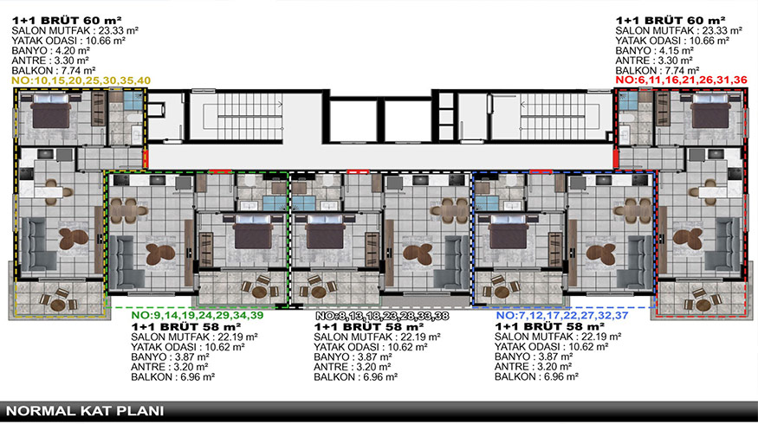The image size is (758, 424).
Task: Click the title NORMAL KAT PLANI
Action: coord(85,411)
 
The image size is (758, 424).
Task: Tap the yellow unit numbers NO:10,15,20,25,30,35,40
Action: coord(81,80)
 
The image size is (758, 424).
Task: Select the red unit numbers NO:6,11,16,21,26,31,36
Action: coord(681,80)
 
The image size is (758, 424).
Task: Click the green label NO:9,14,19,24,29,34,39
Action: coord(198,315)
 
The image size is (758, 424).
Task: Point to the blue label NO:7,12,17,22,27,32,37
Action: coord(562,315)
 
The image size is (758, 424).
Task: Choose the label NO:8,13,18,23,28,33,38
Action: coord(382,316)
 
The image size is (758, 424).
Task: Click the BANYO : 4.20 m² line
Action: coord(51,51)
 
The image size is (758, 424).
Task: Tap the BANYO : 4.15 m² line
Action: coord(655,50)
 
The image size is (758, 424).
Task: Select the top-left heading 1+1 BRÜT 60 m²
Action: coord(67,20)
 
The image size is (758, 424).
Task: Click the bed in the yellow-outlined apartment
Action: coord(51,111)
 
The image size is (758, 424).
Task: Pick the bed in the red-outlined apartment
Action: coord(709,111)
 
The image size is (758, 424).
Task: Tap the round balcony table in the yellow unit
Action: coord(58,305)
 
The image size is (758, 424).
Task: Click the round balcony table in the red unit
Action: coord(702,305)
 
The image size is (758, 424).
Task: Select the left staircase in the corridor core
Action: coord(250,116)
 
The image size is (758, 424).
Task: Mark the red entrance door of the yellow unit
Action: coord(146,158)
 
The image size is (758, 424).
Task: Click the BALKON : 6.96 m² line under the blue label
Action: coord(536,376)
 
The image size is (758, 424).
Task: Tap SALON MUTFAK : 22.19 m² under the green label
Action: coord(194,337)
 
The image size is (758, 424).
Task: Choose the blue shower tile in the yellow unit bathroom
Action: coord(133,101)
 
